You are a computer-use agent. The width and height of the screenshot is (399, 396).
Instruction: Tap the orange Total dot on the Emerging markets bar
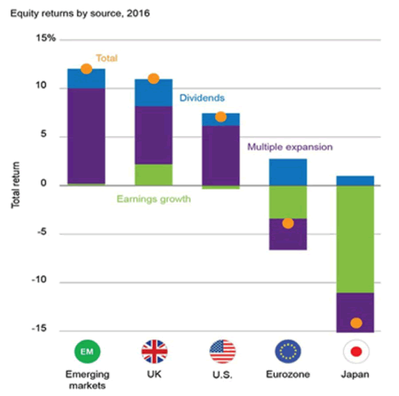click(86, 68)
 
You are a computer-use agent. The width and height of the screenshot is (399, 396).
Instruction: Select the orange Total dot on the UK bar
click(153, 78)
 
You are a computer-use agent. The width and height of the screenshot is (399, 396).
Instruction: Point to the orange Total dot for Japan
click(356, 324)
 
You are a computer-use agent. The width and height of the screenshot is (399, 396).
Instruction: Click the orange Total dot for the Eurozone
click(288, 223)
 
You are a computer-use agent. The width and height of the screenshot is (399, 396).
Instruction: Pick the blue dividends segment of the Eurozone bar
click(287, 172)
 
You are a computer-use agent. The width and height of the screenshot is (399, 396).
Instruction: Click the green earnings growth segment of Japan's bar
click(354, 239)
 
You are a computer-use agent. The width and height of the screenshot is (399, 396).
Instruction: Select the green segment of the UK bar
click(153, 175)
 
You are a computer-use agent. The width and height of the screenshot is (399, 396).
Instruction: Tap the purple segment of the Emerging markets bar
click(86, 136)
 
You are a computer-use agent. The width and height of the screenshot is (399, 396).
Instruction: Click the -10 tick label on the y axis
click(44, 282)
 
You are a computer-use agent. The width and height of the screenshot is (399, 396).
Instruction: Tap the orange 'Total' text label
click(106, 58)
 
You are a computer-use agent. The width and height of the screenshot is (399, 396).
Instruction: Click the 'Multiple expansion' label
click(289, 146)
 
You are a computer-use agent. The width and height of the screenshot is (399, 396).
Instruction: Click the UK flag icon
click(154, 350)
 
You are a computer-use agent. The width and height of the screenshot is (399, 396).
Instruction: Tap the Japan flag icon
click(355, 350)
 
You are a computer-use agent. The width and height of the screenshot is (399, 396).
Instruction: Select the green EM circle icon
click(86, 350)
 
